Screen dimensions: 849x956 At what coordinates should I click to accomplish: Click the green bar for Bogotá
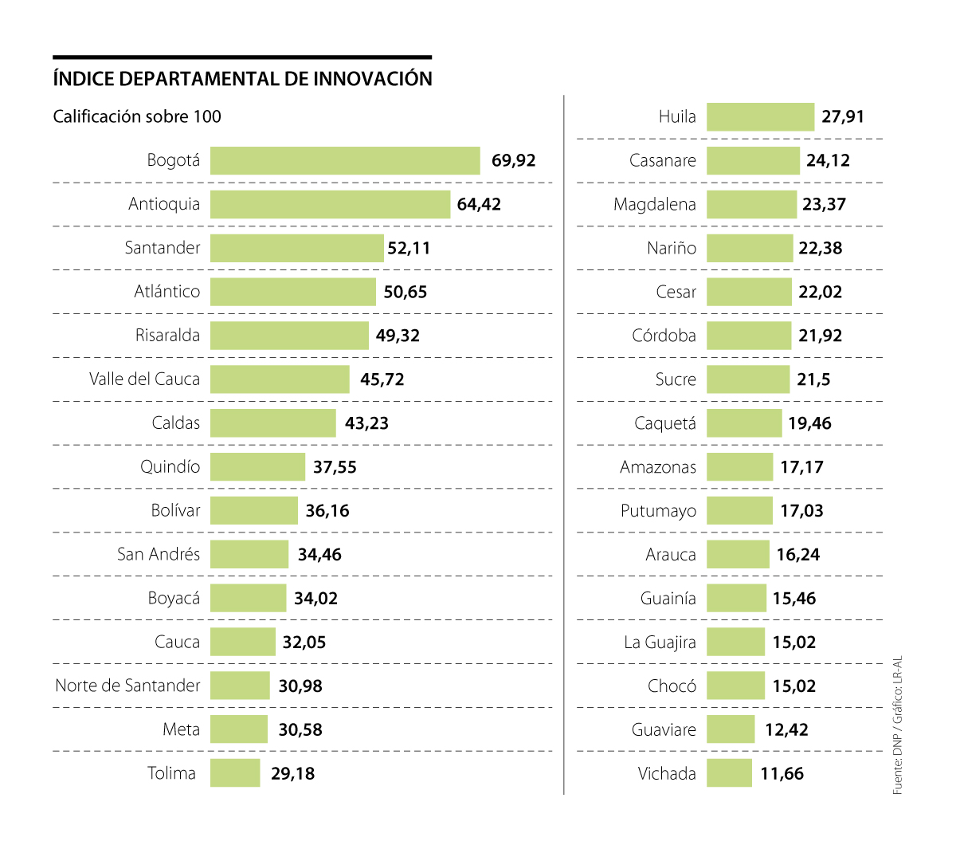point(345,160)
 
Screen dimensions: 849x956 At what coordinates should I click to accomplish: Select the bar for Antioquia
point(330,204)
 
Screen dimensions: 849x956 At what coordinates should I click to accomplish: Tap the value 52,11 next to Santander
point(409,248)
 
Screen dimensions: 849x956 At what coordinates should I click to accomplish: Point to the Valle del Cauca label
point(144,379)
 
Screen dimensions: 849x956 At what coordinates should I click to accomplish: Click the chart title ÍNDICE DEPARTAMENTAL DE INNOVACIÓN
point(242,79)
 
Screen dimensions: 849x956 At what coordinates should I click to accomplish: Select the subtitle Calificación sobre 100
point(137,116)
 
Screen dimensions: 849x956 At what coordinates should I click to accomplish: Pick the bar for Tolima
point(235,773)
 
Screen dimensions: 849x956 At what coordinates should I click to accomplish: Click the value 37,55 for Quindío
point(335,467)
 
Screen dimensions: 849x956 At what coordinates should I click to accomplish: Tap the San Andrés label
point(159,554)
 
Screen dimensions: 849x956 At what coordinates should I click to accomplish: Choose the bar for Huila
point(760,116)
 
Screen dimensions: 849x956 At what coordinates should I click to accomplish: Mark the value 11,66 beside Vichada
point(782,773)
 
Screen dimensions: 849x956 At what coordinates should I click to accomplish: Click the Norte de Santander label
point(127,686)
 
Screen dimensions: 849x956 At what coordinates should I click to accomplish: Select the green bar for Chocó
point(735,686)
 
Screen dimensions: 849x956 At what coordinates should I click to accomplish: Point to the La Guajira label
point(660,642)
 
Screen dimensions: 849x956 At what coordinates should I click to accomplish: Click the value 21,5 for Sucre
point(813,379)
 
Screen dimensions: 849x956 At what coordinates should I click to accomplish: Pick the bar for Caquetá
point(744,423)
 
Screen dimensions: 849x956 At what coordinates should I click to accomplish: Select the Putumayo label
point(658,511)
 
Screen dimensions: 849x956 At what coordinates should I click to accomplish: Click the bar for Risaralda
point(289,336)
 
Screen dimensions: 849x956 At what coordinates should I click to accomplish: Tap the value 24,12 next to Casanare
point(828,160)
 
